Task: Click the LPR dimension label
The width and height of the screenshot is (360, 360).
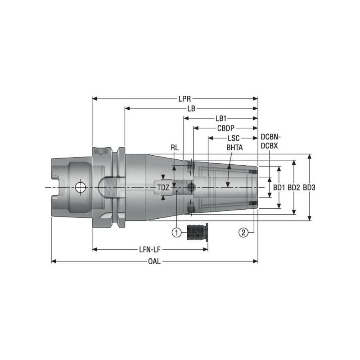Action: point(183,98)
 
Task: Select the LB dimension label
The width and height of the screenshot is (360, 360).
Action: point(192,108)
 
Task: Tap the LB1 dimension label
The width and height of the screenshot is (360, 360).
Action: point(220,119)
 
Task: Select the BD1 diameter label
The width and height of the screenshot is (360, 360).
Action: point(279,187)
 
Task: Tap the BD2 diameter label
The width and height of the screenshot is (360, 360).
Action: point(294,187)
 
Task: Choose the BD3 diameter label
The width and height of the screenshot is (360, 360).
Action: point(310,187)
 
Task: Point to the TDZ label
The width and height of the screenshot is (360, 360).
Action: point(163,187)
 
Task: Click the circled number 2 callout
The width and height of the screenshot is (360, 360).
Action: point(243,232)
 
